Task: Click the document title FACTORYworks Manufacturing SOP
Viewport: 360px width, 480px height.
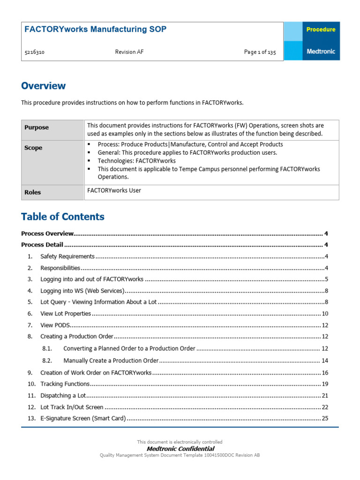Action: pyautogui.click(x=95, y=30)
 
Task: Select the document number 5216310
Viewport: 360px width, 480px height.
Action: pyautogui.click(x=34, y=52)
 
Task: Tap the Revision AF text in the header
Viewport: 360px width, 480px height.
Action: pyautogui.click(x=129, y=52)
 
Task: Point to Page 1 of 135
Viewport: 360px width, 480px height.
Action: pyautogui.click(x=260, y=52)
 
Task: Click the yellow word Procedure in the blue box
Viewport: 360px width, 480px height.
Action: pyautogui.click(x=321, y=30)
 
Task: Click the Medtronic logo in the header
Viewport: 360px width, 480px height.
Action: pyautogui.click(x=321, y=52)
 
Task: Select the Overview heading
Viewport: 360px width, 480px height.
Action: pyautogui.click(x=44, y=86)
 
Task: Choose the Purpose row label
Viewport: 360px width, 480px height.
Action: pyautogui.click(x=37, y=127)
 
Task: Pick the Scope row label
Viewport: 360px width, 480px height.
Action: pyautogui.click(x=33, y=148)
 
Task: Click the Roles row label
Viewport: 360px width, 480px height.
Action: pyautogui.click(x=33, y=192)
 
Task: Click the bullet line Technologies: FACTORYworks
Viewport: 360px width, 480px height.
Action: pyautogui.click(x=136, y=161)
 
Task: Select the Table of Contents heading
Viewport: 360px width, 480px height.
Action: pyautogui.click(x=63, y=217)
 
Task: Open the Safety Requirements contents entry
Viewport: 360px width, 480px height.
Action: pyautogui.click(x=67, y=256)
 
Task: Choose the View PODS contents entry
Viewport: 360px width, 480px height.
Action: pyautogui.click(x=55, y=325)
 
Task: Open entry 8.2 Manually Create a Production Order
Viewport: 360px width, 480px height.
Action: pyautogui.click(x=111, y=360)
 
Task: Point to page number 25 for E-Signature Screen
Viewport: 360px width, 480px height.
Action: pyautogui.click(x=324, y=418)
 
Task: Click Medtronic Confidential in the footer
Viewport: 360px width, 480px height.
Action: pyautogui.click(x=180, y=449)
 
